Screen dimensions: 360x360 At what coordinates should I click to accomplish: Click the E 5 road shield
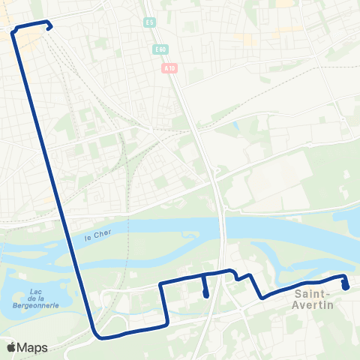(151, 22)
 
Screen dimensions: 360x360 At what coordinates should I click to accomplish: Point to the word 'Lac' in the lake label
(34, 291)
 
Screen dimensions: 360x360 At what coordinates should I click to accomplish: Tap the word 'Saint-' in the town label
(314, 295)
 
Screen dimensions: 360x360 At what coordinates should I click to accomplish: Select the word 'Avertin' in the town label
(314, 306)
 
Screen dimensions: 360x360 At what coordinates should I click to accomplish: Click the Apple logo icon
(12, 347)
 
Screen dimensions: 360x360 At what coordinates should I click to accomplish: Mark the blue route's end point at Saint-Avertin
(345, 286)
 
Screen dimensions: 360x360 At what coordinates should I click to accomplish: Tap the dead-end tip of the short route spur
(205, 295)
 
